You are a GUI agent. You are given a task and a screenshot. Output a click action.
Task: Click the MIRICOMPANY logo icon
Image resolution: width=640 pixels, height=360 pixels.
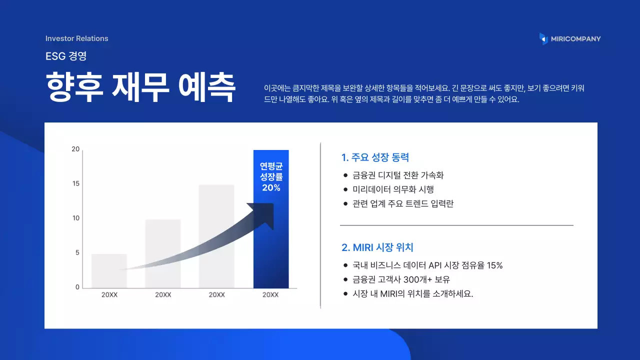543,38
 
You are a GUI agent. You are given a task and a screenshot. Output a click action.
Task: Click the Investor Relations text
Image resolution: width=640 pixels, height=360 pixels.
76,38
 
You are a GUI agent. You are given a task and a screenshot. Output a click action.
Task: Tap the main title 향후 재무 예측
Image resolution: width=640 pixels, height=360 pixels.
140,87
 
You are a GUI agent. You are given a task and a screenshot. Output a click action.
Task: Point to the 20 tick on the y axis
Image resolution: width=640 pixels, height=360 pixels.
75,149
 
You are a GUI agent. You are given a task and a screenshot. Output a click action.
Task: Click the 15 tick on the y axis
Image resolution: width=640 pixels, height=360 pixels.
75,183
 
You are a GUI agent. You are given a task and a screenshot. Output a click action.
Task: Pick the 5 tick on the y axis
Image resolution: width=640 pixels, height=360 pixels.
77,253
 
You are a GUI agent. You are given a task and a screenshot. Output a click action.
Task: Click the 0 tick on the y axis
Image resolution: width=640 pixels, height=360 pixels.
77,287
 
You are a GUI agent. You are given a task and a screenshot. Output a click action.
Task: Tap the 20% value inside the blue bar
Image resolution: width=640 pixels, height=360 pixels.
271,188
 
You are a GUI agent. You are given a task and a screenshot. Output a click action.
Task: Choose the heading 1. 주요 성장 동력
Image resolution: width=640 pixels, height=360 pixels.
375,157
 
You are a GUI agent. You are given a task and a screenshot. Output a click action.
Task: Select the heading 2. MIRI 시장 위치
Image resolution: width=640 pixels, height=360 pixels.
377,247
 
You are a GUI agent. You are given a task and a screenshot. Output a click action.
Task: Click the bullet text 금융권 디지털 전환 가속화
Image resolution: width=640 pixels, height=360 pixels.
398,175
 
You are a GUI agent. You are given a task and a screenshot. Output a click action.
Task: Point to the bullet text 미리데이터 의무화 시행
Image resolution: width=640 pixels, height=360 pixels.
393,189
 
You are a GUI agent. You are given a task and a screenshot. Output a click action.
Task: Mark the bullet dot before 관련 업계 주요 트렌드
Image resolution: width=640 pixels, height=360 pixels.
345,204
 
